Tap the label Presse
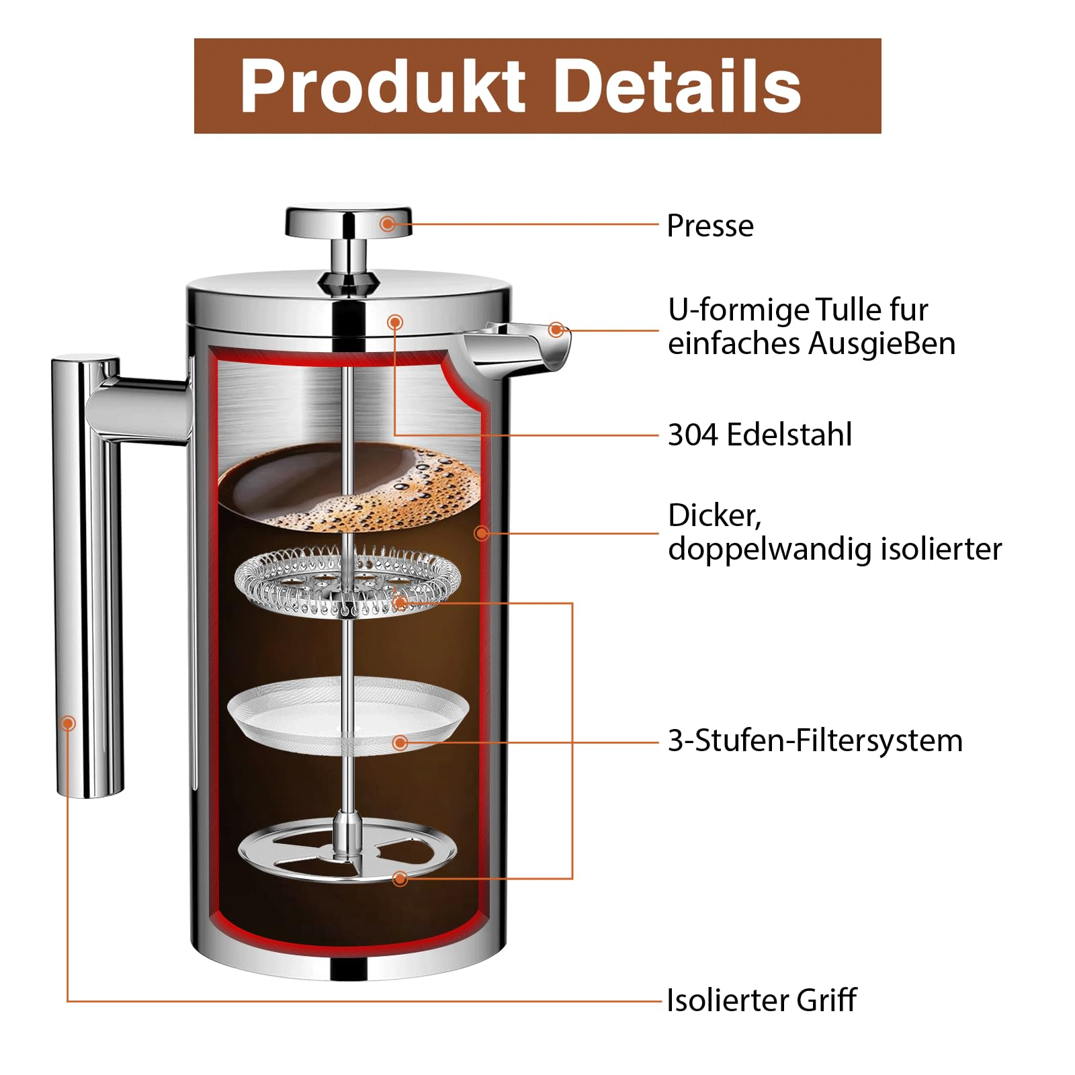coord(709,226)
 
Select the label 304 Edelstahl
coord(759,435)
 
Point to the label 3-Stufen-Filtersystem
coord(814,740)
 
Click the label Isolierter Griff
coord(761,1000)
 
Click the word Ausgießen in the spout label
coord(881,343)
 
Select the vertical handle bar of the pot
coord(87,578)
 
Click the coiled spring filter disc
coord(347,582)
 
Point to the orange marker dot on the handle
coord(68,724)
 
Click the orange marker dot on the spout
coord(556,330)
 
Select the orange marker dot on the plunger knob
coord(388,224)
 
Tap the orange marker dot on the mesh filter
coord(400,742)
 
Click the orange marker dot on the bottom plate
coord(400,878)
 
